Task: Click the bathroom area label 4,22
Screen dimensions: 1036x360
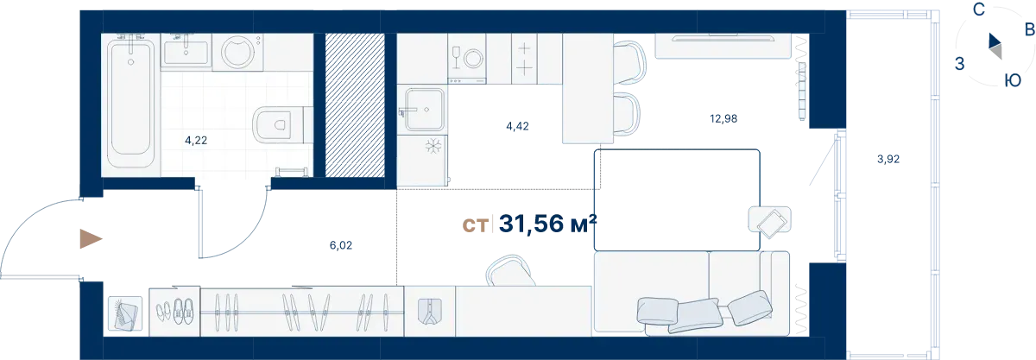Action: (x=196, y=140)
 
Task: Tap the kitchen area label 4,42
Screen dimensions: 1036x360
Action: (x=517, y=126)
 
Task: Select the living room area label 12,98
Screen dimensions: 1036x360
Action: (x=723, y=118)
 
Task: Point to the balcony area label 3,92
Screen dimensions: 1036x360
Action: (x=888, y=159)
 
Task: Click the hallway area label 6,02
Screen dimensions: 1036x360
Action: (x=341, y=245)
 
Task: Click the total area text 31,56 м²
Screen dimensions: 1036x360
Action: (x=548, y=224)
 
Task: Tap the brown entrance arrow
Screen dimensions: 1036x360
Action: (x=91, y=239)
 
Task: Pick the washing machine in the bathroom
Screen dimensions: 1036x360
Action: (x=238, y=52)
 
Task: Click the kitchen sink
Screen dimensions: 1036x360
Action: (x=425, y=110)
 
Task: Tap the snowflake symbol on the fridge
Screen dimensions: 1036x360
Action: (x=433, y=147)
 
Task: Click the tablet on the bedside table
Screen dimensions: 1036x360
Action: (x=772, y=224)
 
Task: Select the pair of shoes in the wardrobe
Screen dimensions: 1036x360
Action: (x=182, y=310)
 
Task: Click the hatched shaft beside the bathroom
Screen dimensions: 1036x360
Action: (x=355, y=105)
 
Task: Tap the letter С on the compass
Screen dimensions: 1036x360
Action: (x=978, y=10)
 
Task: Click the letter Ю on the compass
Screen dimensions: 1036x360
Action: (x=1013, y=80)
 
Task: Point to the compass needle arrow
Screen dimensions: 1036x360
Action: (x=995, y=47)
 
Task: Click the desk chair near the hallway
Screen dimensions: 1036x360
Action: (x=510, y=271)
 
